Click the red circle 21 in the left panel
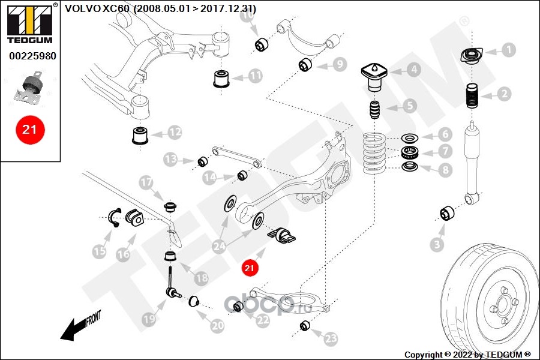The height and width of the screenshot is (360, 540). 30,130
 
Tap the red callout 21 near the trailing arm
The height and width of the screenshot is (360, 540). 250,268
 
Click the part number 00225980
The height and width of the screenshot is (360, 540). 32,56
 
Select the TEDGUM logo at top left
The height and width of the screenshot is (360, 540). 30,23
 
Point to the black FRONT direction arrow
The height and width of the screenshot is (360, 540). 80,326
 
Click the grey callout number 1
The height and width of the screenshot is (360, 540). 508,50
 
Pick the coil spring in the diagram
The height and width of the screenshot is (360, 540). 373,153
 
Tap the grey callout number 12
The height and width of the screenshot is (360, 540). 175,132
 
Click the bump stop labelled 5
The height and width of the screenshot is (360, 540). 375,110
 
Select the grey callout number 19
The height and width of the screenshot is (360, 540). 149,319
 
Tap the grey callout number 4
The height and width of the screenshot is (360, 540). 413,70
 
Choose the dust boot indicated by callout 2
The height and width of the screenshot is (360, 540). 472,96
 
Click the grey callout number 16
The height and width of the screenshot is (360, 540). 123,254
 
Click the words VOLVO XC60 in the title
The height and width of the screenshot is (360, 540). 97,8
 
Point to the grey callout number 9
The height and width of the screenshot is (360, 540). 340,64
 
